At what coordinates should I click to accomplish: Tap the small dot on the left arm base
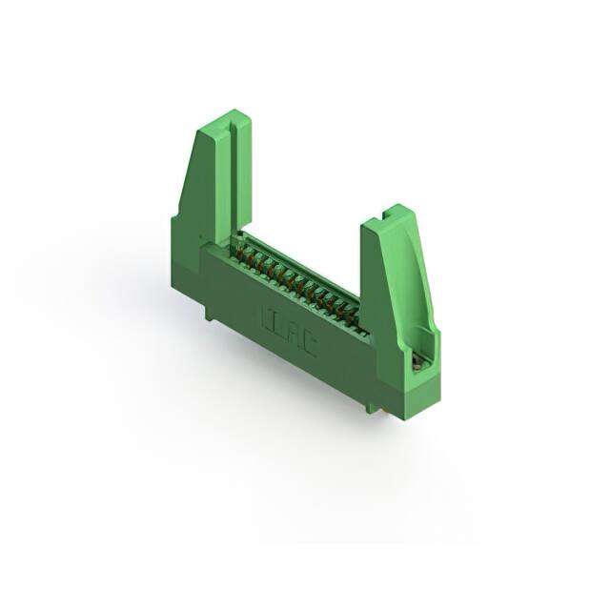[198, 236]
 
